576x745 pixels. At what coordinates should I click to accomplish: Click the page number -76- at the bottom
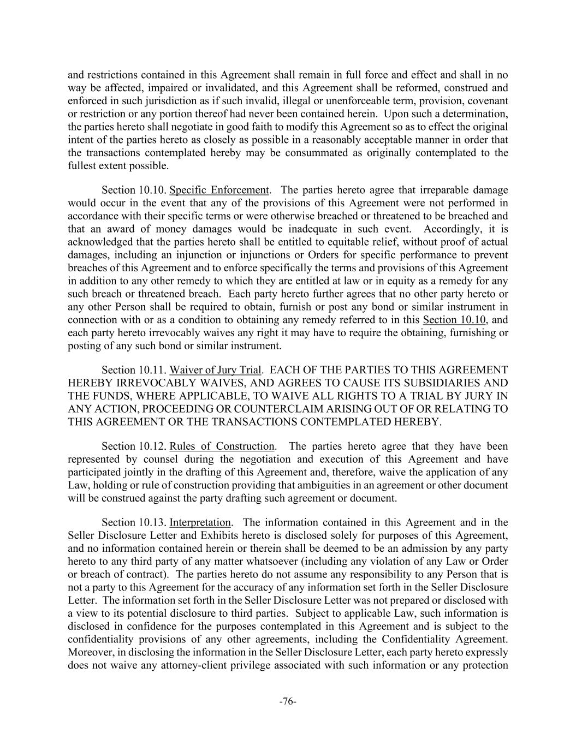(288, 702)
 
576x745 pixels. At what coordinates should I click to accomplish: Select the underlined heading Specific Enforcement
(219, 190)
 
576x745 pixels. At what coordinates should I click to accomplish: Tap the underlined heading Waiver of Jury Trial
(215, 370)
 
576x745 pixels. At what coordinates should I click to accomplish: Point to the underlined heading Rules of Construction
(222, 446)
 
